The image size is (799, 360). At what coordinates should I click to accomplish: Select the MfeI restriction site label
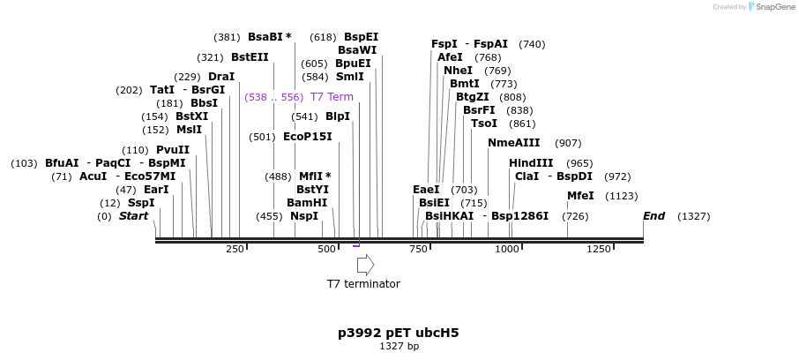click(580, 196)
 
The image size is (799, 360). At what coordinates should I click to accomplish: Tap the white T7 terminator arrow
click(365, 265)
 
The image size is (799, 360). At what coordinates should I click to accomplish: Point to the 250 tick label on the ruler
click(235, 250)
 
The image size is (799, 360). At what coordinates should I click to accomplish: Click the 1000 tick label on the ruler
click(507, 250)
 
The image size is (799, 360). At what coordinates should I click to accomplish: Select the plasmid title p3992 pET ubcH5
click(399, 334)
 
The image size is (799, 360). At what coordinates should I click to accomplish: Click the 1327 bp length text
click(399, 347)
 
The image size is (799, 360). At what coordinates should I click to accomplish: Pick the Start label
click(133, 216)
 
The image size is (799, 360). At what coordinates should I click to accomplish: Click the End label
click(653, 216)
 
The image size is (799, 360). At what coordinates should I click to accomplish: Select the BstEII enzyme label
click(250, 57)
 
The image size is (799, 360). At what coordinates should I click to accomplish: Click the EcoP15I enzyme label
click(308, 137)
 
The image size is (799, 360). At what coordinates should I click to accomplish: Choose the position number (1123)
click(622, 196)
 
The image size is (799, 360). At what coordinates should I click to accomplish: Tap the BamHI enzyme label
click(307, 203)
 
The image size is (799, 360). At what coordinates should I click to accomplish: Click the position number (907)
click(568, 143)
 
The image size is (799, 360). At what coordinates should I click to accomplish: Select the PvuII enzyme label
click(173, 150)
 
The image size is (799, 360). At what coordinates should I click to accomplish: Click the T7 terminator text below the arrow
click(363, 284)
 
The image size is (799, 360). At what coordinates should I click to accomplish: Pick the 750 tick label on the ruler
click(418, 250)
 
